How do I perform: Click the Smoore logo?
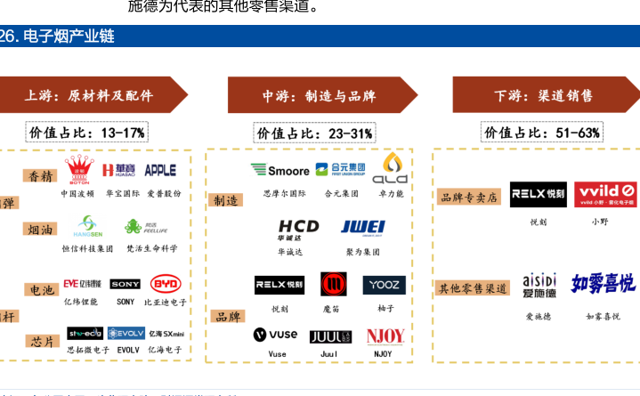(280, 169)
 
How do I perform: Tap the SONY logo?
(126, 284)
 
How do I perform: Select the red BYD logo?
(166, 284)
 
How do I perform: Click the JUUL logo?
(330, 336)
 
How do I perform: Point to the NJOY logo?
(385, 336)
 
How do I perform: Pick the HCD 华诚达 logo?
(298, 230)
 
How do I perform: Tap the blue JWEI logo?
(362, 227)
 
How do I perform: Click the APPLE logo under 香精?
(160, 170)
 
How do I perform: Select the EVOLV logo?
(126, 333)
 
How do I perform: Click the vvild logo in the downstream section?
(604, 194)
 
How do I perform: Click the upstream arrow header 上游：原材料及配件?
(93, 95)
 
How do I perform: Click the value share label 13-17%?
(86, 133)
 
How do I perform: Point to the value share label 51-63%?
(542, 133)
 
